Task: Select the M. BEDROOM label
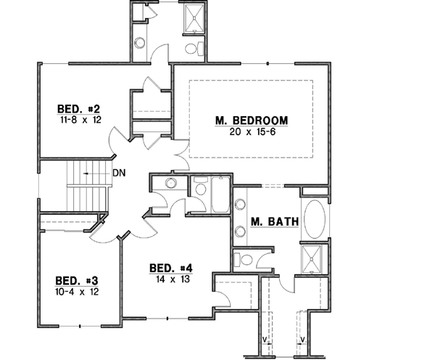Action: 252,120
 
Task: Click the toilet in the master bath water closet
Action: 246,259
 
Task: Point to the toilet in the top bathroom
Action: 192,49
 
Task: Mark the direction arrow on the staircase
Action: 88,174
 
